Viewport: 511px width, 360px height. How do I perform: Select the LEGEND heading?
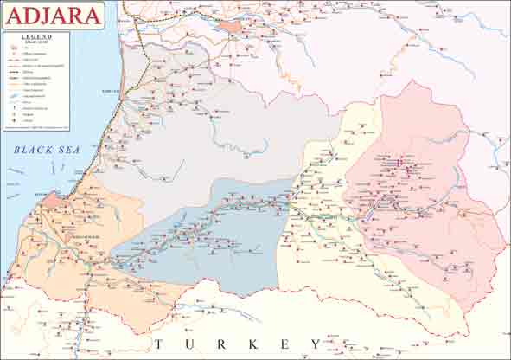pos(36,37)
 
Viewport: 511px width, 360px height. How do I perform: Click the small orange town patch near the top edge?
pos(230,26)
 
